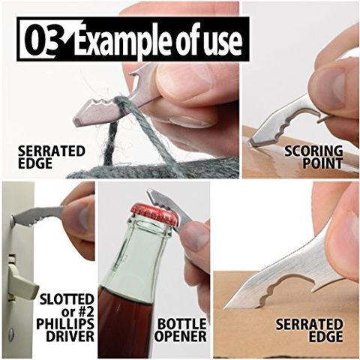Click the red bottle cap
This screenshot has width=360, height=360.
coord(154,213)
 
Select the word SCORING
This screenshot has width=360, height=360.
coord(314,151)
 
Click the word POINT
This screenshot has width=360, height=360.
coord(322,163)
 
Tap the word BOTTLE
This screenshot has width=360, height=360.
coord(182,324)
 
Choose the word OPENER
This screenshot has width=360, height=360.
coord(181,336)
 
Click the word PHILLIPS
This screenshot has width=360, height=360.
coord(65,324)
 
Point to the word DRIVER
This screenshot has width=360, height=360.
coord(70,336)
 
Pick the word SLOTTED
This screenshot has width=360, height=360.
coord(67,299)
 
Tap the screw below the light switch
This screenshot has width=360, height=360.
coord(11,333)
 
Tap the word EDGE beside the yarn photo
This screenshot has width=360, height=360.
coord(35,163)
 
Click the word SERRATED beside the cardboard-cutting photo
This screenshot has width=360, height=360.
coord(309,324)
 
